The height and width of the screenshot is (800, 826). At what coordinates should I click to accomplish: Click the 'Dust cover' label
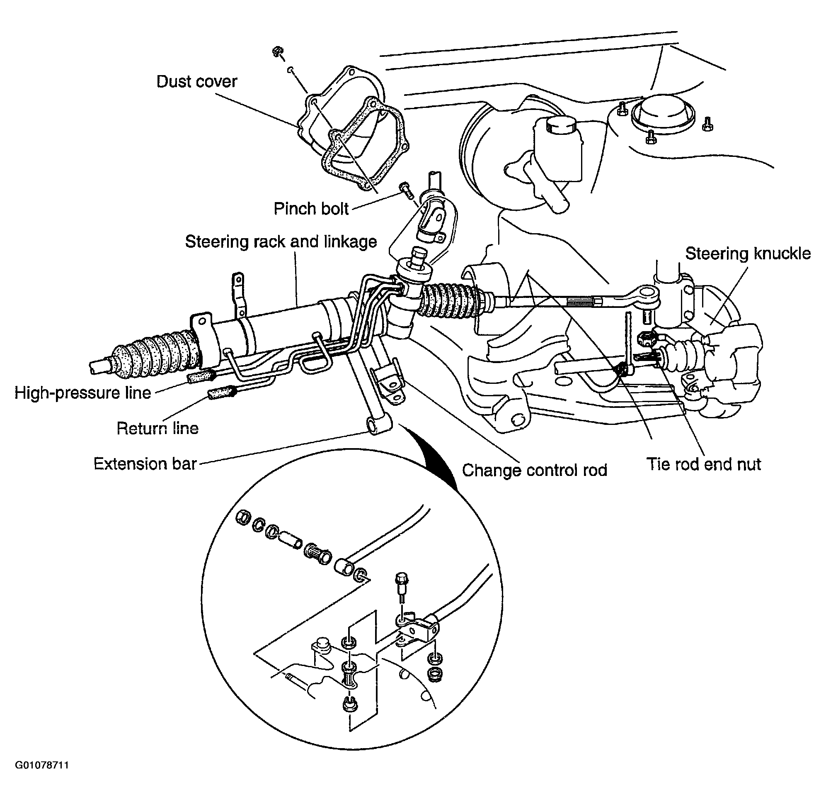pos(197,81)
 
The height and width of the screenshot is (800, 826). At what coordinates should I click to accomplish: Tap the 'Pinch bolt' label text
pos(311,209)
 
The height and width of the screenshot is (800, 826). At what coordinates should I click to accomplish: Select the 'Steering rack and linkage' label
pos(281,242)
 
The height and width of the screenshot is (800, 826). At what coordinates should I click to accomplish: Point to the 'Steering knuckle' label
pos(748,254)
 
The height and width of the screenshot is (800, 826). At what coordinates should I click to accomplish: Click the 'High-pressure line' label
pos(83,393)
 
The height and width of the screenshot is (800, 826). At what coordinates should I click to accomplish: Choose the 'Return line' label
pos(157,428)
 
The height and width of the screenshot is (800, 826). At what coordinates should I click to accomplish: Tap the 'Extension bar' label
pos(145,464)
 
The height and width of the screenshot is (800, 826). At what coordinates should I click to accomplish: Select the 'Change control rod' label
pos(535,470)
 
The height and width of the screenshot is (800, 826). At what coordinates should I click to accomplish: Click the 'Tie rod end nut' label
pos(704,464)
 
